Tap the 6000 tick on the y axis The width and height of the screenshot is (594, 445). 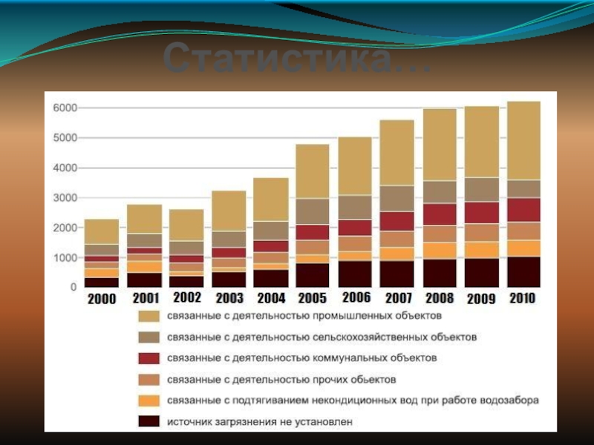[x=64, y=108]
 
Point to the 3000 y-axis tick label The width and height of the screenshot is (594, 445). [x=64, y=198]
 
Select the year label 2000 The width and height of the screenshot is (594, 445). [x=102, y=300]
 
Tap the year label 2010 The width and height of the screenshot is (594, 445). [x=523, y=297]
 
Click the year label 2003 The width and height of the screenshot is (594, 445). [x=229, y=299]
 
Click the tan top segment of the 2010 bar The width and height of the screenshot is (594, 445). [x=524, y=141]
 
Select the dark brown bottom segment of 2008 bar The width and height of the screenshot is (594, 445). [x=440, y=273]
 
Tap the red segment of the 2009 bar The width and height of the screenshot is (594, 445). [x=482, y=213]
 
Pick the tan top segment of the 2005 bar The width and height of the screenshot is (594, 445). [x=313, y=171]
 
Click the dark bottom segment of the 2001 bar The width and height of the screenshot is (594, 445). [x=144, y=280]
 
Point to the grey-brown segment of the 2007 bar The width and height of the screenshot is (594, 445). [x=397, y=198]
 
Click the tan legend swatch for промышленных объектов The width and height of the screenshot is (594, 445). [x=149, y=317]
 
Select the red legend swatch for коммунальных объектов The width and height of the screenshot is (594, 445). [x=149, y=358]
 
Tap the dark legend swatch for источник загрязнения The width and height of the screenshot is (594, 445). [x=149, y=421]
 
